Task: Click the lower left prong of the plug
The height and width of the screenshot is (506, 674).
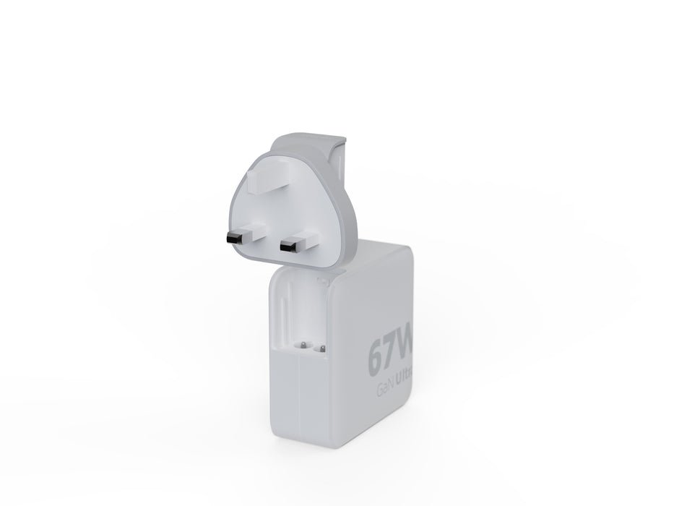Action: pyautogui.click(x=242, y=236)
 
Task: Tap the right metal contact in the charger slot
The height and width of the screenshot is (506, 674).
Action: pyautogui.click(x=321, y=347)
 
